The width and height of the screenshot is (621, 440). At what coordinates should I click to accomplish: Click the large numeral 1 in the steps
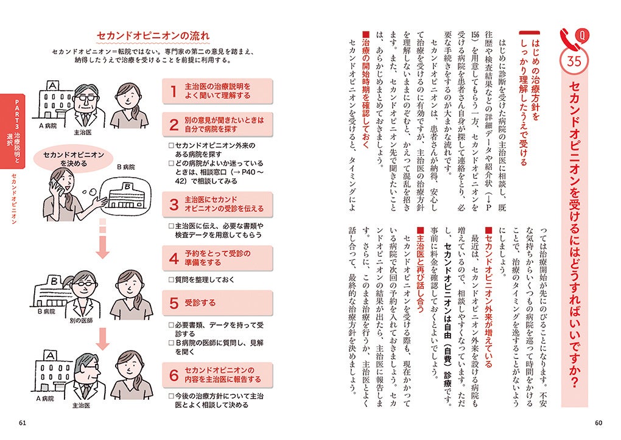pyautogui.click(x=174, y=91)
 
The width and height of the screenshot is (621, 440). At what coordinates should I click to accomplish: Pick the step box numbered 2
pyautogui.click(x=217, y=125)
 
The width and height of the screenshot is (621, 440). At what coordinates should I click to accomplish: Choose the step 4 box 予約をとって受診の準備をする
pyautogui.click(x=217, y=259)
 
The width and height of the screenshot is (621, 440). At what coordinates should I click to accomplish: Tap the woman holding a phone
pyautogui.click(x=64, y=198)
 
